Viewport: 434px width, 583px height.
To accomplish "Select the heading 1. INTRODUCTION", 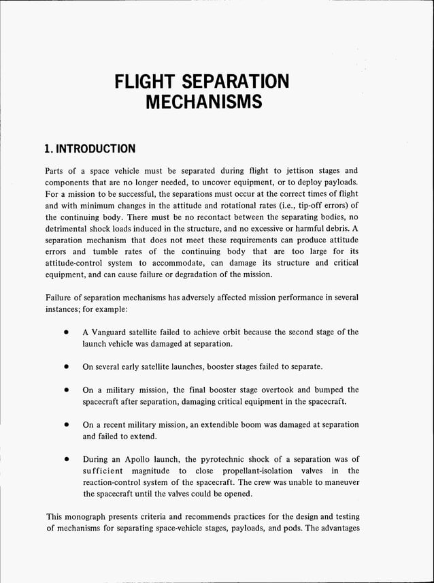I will [x=89, y=148].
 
